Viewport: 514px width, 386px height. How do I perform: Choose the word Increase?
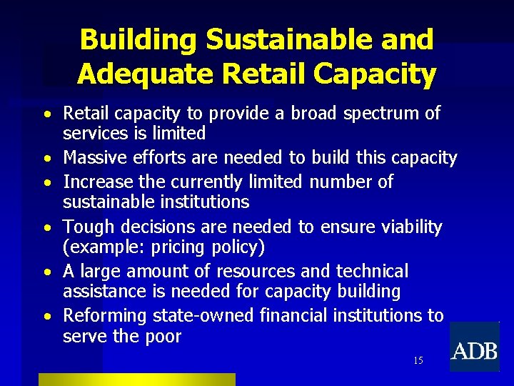(98, 182)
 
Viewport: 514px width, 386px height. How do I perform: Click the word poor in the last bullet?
(162, 336)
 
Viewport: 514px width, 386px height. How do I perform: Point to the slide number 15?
(418, 360)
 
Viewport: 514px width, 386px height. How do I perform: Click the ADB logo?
(474, 350)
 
